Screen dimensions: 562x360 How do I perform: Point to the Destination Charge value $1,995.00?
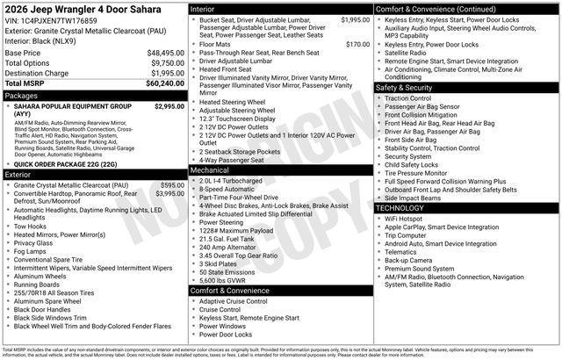point(162,73)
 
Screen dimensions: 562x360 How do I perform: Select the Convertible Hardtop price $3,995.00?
point(169,193)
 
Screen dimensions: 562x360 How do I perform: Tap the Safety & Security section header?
point(404,88)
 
